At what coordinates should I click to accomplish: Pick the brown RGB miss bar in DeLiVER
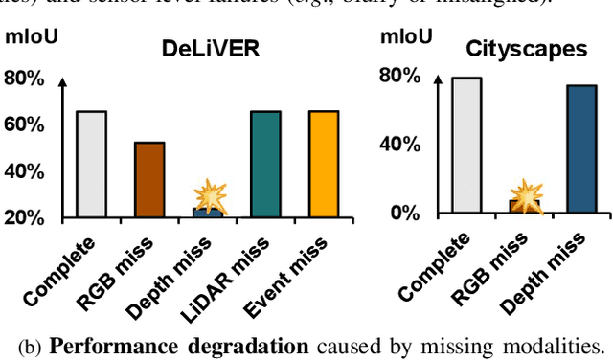(x=148, y=179)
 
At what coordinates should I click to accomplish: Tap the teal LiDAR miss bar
(x=265, y=164)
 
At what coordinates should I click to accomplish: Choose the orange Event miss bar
(x=324, y=164)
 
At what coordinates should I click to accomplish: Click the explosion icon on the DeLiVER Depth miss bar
(x=210, y=197)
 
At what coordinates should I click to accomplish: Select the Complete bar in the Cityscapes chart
(x=465, y=144)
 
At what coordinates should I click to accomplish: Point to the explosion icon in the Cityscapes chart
(x=525, y=196)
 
